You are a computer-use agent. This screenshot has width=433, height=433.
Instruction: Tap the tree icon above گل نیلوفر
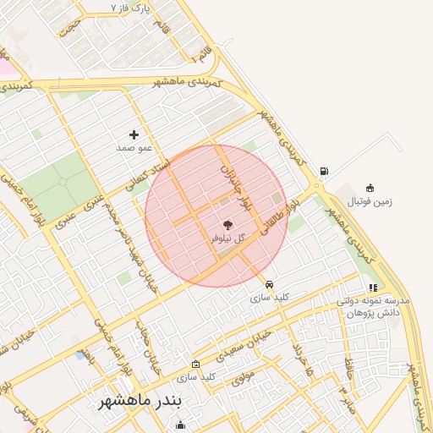[227, 226]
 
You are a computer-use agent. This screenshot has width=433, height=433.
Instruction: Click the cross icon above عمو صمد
[134, 134]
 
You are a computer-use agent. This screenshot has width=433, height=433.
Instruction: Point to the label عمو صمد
[134, 147]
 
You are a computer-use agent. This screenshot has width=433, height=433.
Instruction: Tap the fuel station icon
[324, 172]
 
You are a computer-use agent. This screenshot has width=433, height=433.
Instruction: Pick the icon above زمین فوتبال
[370, 188]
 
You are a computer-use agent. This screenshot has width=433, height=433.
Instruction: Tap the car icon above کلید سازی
[269, 285]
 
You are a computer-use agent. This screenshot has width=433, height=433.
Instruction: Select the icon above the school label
[373, 288]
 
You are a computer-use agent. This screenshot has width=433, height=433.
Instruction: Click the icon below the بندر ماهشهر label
[179, 425]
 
